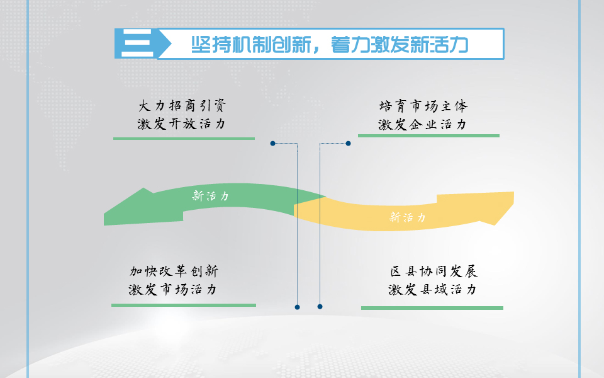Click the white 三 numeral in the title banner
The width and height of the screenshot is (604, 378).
click(x=137, y=43)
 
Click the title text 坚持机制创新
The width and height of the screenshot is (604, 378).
click(x=251, y=44)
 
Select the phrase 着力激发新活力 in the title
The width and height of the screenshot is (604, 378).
click(x=400, y=44)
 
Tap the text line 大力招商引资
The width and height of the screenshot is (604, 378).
click(x=182, y=106)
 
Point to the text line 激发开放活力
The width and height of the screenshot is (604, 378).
click(x=181, y=124)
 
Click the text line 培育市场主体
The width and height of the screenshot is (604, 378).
click(x=423, y=106)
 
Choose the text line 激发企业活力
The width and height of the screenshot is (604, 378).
click(x=422, y=124)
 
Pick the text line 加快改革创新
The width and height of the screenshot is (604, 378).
click(x=174, y=271)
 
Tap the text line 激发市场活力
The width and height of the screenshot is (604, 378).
click(x=172, y=289)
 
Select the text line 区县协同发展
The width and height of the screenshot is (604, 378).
click(x=433, y=271)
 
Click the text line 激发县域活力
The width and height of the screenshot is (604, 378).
click(x=432, y=289)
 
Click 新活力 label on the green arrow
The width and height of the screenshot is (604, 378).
click(x=210, y=196)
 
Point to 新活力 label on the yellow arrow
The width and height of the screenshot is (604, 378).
click(x=408, y=217)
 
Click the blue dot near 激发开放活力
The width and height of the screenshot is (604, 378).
click(x=272, y=144)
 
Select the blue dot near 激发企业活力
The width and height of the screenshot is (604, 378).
click(x=348, y=144)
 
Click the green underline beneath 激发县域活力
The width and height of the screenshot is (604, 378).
click(x=432, y=308)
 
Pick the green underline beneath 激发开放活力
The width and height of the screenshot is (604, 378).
click(x=184, y=139)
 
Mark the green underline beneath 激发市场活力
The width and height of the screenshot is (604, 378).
click(x=184, y=305)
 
